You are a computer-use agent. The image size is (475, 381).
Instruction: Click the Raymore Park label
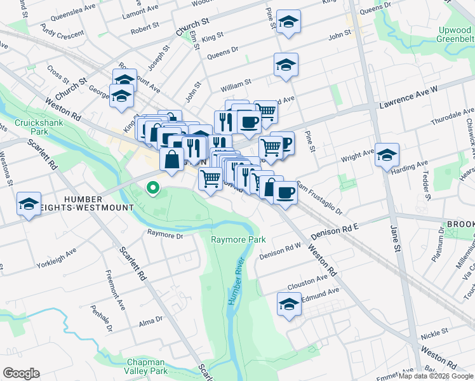(x=238, y=239)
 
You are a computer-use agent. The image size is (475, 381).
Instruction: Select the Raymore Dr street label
(x=165, y=235)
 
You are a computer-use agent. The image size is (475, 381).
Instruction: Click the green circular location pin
(x=152, y=187)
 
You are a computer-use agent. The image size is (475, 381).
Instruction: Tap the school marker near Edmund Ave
(x=289, y=304)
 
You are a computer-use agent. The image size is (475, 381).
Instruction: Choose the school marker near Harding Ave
(x=386, y=155)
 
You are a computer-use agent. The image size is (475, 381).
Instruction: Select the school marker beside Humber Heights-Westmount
(x=29, y=204)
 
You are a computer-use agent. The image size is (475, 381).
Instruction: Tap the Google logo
(x=21, y=373)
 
